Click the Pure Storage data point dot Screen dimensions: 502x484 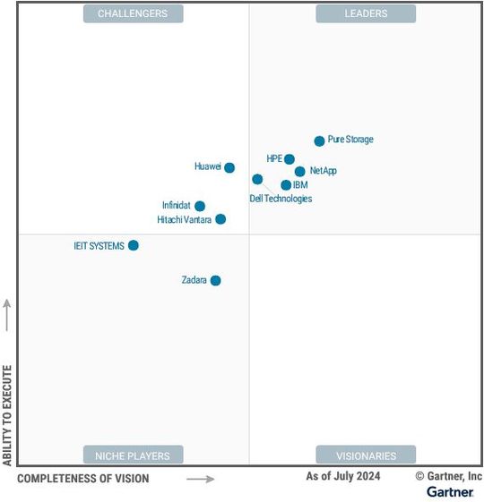coord(319,140)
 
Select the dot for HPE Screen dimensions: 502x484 coord(290,159)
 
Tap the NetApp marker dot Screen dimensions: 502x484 coord(299,171)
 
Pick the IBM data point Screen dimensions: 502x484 coord(286,185)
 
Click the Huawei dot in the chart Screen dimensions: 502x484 coord(229,167)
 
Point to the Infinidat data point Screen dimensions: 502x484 coord(200,206)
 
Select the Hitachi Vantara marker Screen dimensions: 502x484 coord(220,219)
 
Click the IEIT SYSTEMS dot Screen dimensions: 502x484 coord(134,245)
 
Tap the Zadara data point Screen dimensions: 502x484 coord(215,280)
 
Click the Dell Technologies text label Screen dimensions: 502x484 coord(281,199)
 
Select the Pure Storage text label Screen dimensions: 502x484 coord(350,140)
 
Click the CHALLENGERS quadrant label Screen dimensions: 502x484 coord(133,13)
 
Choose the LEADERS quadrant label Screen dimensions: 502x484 coord(366,13)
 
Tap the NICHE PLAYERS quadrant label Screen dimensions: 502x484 coord(133,455)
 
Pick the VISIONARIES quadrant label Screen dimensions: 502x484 coord(366,455)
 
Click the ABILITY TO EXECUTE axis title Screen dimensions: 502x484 coord(7,414)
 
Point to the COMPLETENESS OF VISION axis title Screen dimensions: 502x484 coord(83,479)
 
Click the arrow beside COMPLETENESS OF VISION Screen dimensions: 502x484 coord(201,479)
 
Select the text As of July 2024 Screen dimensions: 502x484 coord(342,476)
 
